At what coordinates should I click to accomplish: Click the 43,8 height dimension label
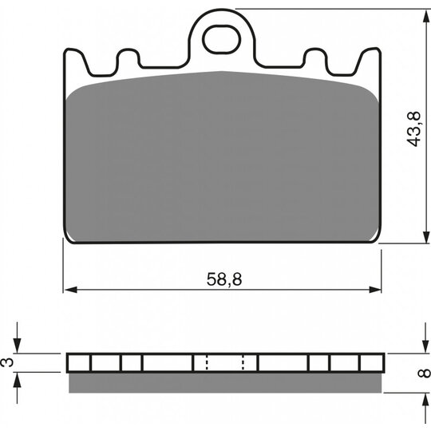click(414, 129)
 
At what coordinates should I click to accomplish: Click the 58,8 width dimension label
click(224, 279)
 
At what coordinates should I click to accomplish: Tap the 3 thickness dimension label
click(8, 362)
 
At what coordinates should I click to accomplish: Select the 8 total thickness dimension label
click(424, 373)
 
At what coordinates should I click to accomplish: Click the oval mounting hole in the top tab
click(222, 39)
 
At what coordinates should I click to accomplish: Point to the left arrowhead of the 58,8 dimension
click(71, 290)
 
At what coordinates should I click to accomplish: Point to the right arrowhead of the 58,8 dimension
click(375, 290)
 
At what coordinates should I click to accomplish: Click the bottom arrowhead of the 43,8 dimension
click(425, 236)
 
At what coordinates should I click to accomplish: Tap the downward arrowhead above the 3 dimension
click(18, 346)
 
